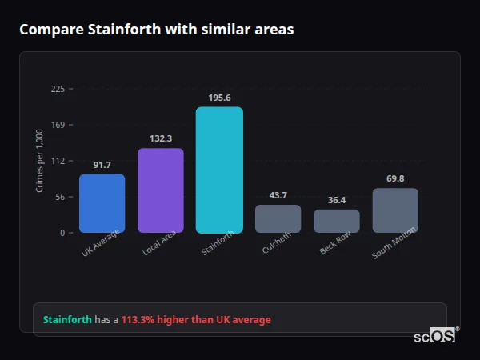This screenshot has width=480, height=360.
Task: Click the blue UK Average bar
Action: (102, 203)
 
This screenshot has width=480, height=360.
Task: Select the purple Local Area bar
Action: (161, 190)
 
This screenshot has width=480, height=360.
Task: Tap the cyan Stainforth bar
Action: (219, 170)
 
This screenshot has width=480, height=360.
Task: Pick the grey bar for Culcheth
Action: (278, 218)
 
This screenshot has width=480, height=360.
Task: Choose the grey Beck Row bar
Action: (337, 221)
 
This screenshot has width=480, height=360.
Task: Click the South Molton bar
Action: (395, 210)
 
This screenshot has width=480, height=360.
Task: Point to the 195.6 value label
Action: (219, 98)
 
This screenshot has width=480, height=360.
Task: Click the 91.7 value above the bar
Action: (102, 165)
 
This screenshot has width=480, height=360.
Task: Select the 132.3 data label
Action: (161, 138)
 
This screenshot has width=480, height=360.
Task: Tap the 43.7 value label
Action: (278, 195)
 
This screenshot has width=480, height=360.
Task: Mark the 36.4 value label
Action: (337, 200)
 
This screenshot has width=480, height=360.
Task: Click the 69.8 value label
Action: (395, 178)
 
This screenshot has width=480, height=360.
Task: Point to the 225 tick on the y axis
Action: (58, 89)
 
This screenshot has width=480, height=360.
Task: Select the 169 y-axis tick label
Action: (58, 125)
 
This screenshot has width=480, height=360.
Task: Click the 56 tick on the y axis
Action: (60, 197)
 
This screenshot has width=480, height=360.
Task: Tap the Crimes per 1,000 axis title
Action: (40, 161)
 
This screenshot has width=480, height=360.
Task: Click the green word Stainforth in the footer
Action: (67, 320)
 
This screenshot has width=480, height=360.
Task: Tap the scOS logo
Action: (434, 336)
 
